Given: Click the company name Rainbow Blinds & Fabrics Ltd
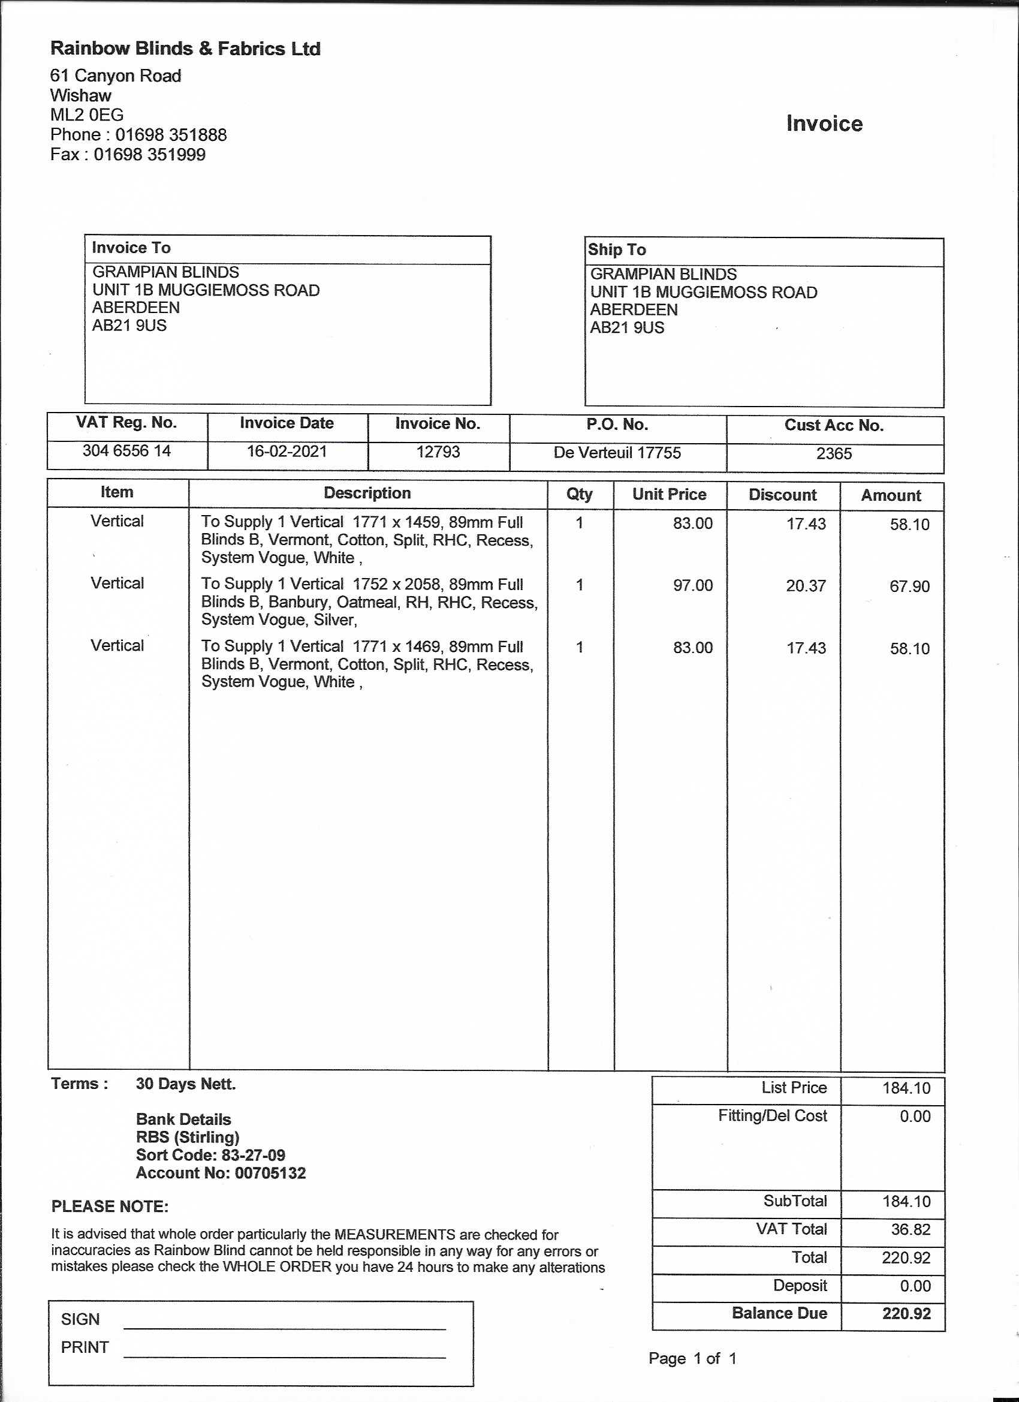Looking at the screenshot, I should [x=185, y=49].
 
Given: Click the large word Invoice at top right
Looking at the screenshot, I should [x=824, y=124].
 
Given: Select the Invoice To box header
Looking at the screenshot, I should [x=131, y=248].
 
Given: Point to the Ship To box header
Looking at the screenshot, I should [x=617, y=249].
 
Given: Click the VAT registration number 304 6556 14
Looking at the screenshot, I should [x=126, y=451].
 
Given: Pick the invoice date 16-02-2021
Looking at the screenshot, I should [x=287, y=452].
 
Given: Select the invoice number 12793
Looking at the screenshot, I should [x=438, y=452].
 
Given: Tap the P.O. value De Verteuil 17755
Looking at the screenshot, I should [x=617, y=453].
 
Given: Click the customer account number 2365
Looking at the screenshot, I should [x=834, y=454].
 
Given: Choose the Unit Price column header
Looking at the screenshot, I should [x=669, y=495].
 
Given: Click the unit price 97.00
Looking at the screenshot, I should [x=693, y=585].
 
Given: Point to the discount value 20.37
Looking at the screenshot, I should [x=806, y=586].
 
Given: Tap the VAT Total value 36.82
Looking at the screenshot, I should [x=911, y=1229].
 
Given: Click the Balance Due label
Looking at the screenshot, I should [x=779, y=1313].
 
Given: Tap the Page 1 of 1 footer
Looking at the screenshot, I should [x=692, y=1358].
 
